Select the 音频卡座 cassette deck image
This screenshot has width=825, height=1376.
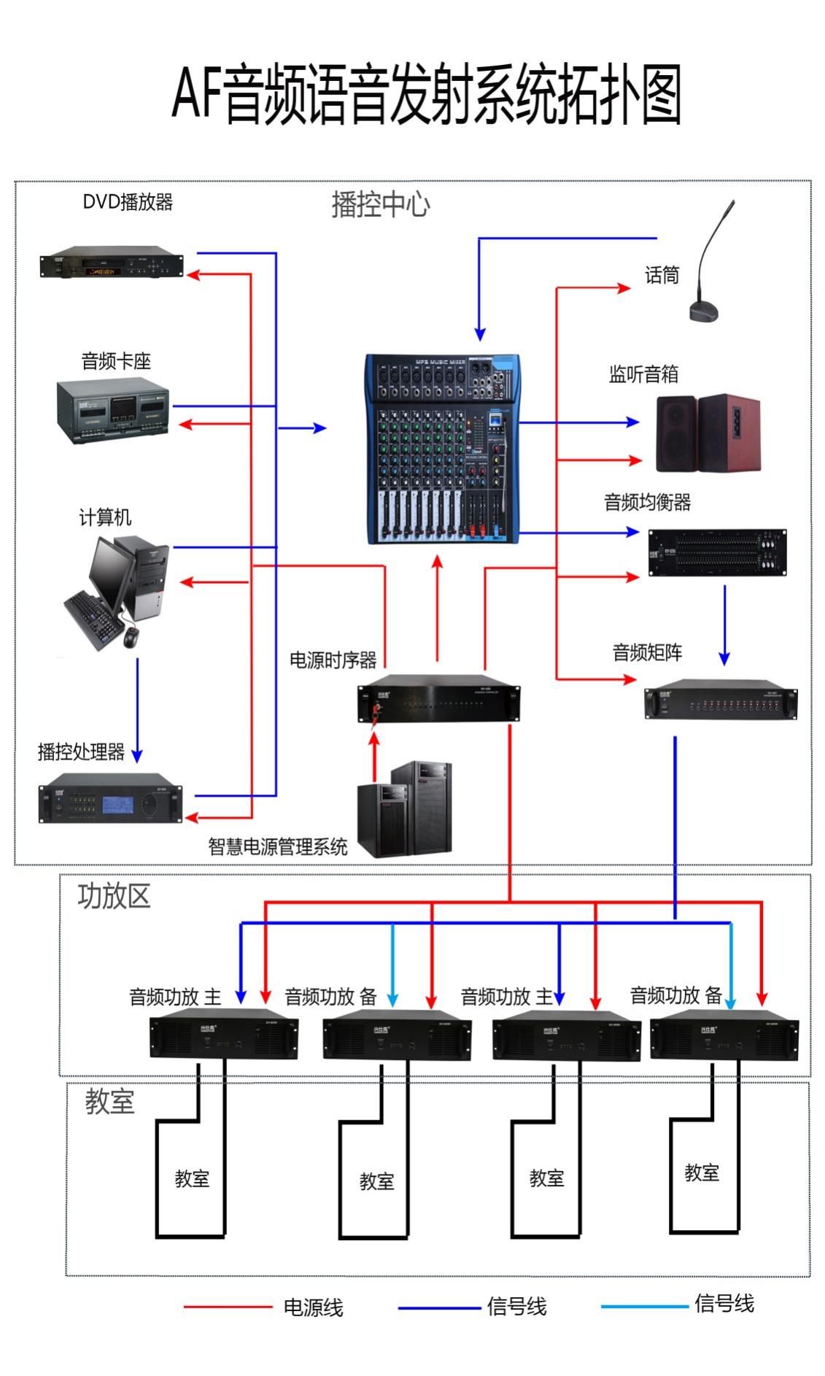tap(113, 410)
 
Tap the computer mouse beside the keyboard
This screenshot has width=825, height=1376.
tap(131, 637)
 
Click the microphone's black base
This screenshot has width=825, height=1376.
tap(703, 312)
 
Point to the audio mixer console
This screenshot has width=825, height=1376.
tap(443, 449)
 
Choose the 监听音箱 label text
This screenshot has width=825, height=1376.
tap(643, 374)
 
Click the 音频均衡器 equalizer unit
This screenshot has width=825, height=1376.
tap(717, 552)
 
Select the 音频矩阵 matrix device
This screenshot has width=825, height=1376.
tap(720, 700)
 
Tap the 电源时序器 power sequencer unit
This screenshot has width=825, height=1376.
tap(438, 699)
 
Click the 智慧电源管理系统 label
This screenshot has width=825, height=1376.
tap(277, 846)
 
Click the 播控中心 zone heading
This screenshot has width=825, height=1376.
tap(380, 204)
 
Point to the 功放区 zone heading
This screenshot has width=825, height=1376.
tap(114, 897)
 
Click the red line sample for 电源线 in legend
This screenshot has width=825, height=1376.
tap(227, 1307)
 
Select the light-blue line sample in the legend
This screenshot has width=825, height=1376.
tap(644, 1306)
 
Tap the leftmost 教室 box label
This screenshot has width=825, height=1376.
tap(192, 1178)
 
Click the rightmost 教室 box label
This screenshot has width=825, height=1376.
tap(702, 1172)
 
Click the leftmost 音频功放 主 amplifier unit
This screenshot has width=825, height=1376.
tap(223, 1033)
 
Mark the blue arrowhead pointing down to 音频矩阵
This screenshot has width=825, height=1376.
tap(724, 658)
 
